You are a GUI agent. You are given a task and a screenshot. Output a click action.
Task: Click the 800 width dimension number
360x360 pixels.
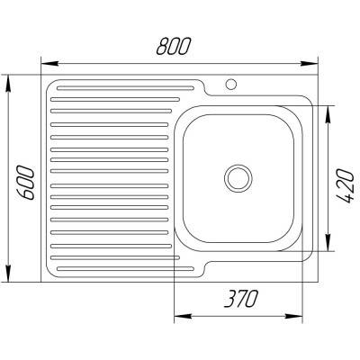[x=180, y=47]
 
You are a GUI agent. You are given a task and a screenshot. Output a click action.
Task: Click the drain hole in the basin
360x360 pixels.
[x=239, y=177]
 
